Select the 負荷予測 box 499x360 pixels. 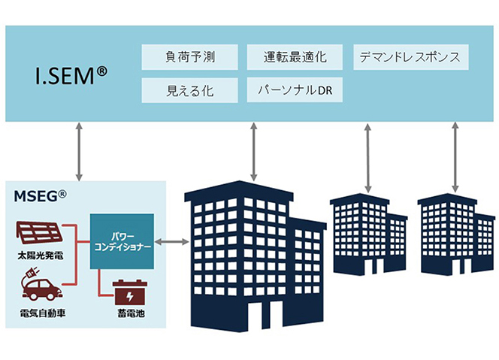[189, 57]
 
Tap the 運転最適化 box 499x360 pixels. [295, 57]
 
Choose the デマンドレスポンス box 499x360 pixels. [410, 57]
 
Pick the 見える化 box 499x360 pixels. [189, 90]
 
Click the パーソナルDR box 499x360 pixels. [295, 90]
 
